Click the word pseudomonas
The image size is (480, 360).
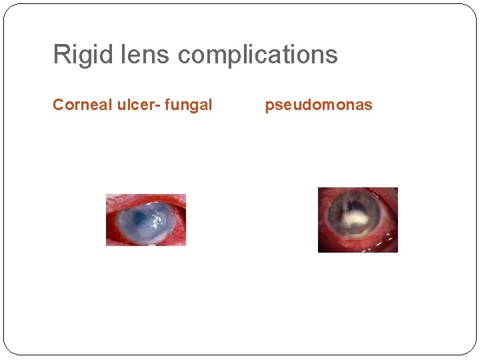[319, 105]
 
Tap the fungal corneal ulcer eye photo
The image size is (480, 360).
[146, 220]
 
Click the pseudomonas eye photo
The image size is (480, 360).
[358, 220]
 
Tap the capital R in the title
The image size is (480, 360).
[60, 55]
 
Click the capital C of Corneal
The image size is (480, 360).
[58, 105]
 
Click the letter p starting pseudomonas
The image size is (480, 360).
[269, 106]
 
